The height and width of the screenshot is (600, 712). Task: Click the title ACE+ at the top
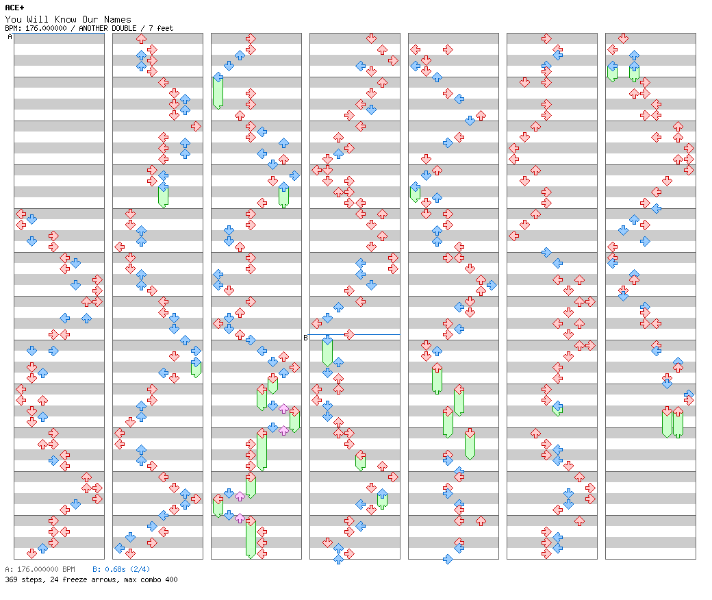(x=14, y=8)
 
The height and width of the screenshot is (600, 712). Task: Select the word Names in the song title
(x=118, y=19)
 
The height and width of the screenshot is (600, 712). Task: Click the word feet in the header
(x=165, y=28)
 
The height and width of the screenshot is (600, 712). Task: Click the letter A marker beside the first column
(x=10, y=37)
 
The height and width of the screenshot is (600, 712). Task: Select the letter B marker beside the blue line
(x=305, y=338)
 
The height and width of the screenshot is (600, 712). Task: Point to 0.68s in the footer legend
(x=114, y=569)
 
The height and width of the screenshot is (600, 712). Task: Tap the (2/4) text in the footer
(x=141, y=569)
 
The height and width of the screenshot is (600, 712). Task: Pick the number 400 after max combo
(x=170, y=579)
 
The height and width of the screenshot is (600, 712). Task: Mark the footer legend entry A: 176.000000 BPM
(x=40, y=569)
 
